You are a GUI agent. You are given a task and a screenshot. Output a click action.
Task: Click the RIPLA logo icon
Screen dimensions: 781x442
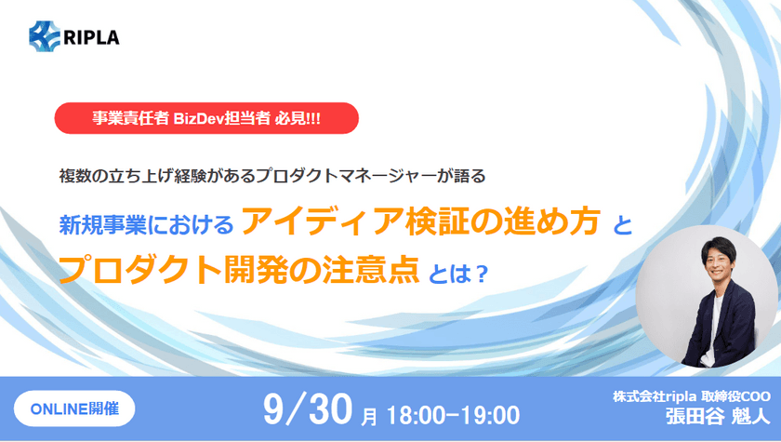coord(45,36)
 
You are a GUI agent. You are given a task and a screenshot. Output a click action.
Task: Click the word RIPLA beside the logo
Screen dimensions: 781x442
coord(91,37)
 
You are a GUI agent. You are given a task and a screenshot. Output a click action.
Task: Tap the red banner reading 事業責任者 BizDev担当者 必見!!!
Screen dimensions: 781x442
coord(206,118)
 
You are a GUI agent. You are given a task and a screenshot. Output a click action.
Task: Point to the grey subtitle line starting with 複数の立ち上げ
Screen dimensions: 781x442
coord(271,176)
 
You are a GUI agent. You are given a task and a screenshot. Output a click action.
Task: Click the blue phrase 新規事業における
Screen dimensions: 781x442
coord(146,225)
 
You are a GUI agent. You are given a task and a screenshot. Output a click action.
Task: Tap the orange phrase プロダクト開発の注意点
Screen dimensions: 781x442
coord(239,270)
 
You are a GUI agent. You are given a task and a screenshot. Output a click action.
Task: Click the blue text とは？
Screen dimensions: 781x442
coord(457,274)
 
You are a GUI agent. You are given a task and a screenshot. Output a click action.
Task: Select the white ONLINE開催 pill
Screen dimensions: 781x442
coord(74,409)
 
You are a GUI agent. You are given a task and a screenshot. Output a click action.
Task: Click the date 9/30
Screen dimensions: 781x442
coord(308,409)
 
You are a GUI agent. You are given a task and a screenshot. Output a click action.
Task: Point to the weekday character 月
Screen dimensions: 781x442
coord(368,417)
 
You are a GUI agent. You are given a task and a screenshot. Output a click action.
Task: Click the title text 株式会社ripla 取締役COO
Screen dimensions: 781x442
coord(692,396)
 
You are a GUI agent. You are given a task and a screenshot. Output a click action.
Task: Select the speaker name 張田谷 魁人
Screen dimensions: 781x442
coord(718,416)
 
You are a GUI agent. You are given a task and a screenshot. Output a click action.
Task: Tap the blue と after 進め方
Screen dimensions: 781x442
coord(622,225)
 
